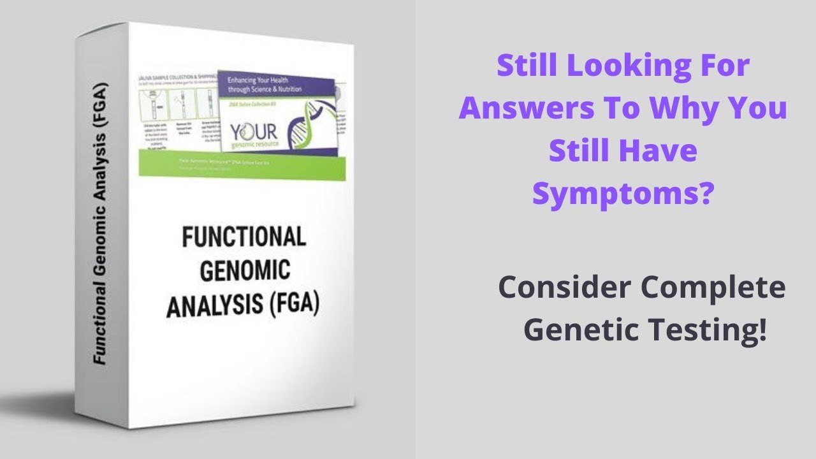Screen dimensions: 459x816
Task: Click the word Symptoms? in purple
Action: (622, 192)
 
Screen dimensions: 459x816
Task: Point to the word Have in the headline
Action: (663, 151)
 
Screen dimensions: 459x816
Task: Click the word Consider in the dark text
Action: (562, 288)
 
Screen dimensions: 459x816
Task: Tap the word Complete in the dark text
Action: (713, 288)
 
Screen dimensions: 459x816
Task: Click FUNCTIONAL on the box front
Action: (244, 238)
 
